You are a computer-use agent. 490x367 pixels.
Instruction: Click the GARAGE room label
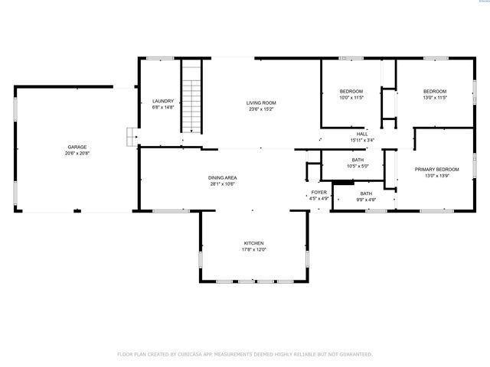[76, 146]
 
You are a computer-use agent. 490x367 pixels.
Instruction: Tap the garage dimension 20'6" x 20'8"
[76, 154]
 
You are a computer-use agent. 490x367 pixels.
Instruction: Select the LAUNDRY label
[162, 101]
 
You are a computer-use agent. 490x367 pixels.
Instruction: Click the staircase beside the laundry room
[192, 99]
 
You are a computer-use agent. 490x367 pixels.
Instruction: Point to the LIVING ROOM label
[260, 102]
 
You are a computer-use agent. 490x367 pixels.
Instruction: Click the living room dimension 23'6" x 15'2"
[260, 109]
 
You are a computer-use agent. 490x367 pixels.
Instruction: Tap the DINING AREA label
[222, 177]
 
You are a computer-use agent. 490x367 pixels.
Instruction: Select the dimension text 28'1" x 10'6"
[222, 184]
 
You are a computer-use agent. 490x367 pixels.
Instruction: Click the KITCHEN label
[254, 243]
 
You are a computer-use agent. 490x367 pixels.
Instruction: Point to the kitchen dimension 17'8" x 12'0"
[254, 250]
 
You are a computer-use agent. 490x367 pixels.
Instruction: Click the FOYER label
[318, 192]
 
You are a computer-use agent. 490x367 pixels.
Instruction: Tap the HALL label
[362, 134]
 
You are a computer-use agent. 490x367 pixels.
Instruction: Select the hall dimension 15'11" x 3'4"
[362, 140]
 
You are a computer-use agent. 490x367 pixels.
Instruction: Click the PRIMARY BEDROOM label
[436, 169]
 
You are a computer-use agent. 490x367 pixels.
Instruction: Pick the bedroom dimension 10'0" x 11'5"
[351, 98]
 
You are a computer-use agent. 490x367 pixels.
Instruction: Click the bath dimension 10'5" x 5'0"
[358, 166]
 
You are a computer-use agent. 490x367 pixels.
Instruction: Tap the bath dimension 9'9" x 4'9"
[366, 200]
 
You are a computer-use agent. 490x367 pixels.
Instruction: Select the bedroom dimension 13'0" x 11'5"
[434, 98]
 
